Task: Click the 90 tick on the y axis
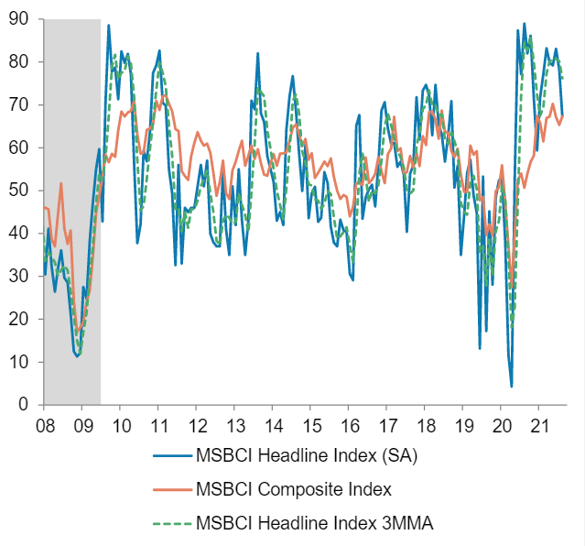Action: tap(18, 18)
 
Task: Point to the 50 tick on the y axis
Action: tap(18, 190)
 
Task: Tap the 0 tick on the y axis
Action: tap(23, 405)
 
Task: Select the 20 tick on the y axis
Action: tap(18, 319)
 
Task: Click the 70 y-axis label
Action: tap(18, 104)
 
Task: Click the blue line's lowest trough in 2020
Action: tap(512, 387)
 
